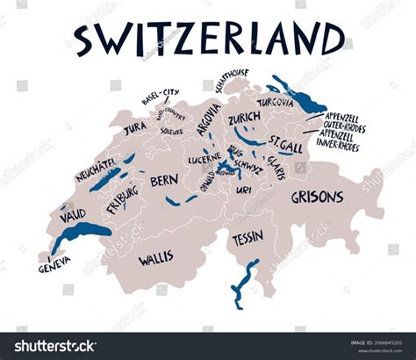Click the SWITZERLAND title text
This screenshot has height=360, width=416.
(x=208, y=40)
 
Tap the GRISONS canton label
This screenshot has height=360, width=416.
(x=317, y=197)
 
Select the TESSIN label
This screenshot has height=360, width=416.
(x=248, y=239)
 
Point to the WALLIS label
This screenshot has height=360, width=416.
(x=154, y=258)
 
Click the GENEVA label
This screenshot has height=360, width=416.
(x=55, y=266)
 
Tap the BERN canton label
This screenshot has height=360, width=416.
(x=164, y=180)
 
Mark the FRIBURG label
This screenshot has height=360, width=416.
(x=122, y=198)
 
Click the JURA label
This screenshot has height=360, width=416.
(x=135, y=127)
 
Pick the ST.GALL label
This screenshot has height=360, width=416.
(x=287, y=141)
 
